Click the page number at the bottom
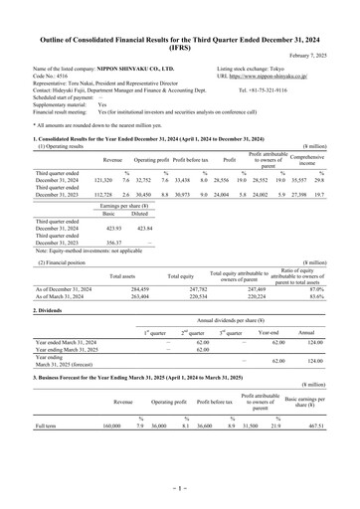point(180,490)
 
